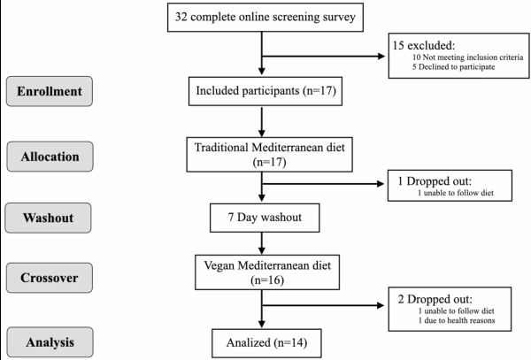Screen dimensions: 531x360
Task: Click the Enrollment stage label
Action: [x=50, y=91]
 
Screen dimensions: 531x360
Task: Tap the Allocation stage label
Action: [x=50, y=157]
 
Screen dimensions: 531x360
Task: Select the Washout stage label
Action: [x=48, y=218]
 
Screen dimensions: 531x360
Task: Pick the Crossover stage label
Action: [x=50, y=278]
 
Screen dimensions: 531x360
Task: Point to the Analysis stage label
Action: [x=50, y=342]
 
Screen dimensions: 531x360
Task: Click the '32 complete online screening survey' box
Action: [x=265, y=18]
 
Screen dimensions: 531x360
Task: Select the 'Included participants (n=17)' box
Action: [x=265, y=91]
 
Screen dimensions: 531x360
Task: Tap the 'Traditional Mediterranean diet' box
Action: [x=270, y=155]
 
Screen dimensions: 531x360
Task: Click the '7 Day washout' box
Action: [x=265, y=218]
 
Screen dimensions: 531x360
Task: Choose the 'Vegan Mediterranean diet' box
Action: [x=267, y=272]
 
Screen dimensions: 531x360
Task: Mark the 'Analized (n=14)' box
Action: [x=267, y=343]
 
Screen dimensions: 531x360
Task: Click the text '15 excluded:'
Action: [x=424, y=45]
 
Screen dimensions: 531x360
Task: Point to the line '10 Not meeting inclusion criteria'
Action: [x=467, y=57]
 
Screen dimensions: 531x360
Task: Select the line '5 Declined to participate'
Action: [x=453, y=67]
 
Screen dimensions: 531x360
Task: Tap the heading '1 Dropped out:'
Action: [x=435, y=181]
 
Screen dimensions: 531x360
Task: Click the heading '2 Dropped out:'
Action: [x=435, y=299]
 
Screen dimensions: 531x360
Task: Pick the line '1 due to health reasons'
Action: [x=457, y=320]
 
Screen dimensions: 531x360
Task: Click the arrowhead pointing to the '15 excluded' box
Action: [x=381, y=56]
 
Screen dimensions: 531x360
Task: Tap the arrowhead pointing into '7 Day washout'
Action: [x=262, y=197]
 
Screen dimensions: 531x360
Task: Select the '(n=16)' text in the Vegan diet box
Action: [x=267, y=280]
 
